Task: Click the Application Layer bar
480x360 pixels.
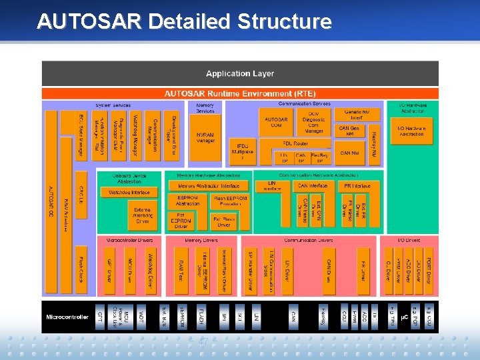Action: [240, 73]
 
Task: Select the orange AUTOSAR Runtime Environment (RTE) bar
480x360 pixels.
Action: [240, 94]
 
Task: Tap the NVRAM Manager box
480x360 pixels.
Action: [205, 137]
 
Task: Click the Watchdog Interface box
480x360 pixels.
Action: [129, 192]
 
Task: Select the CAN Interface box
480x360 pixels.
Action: [311, 186]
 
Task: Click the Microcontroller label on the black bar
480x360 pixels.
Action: [67, 317]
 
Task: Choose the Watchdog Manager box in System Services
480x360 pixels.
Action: [135, 135]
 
